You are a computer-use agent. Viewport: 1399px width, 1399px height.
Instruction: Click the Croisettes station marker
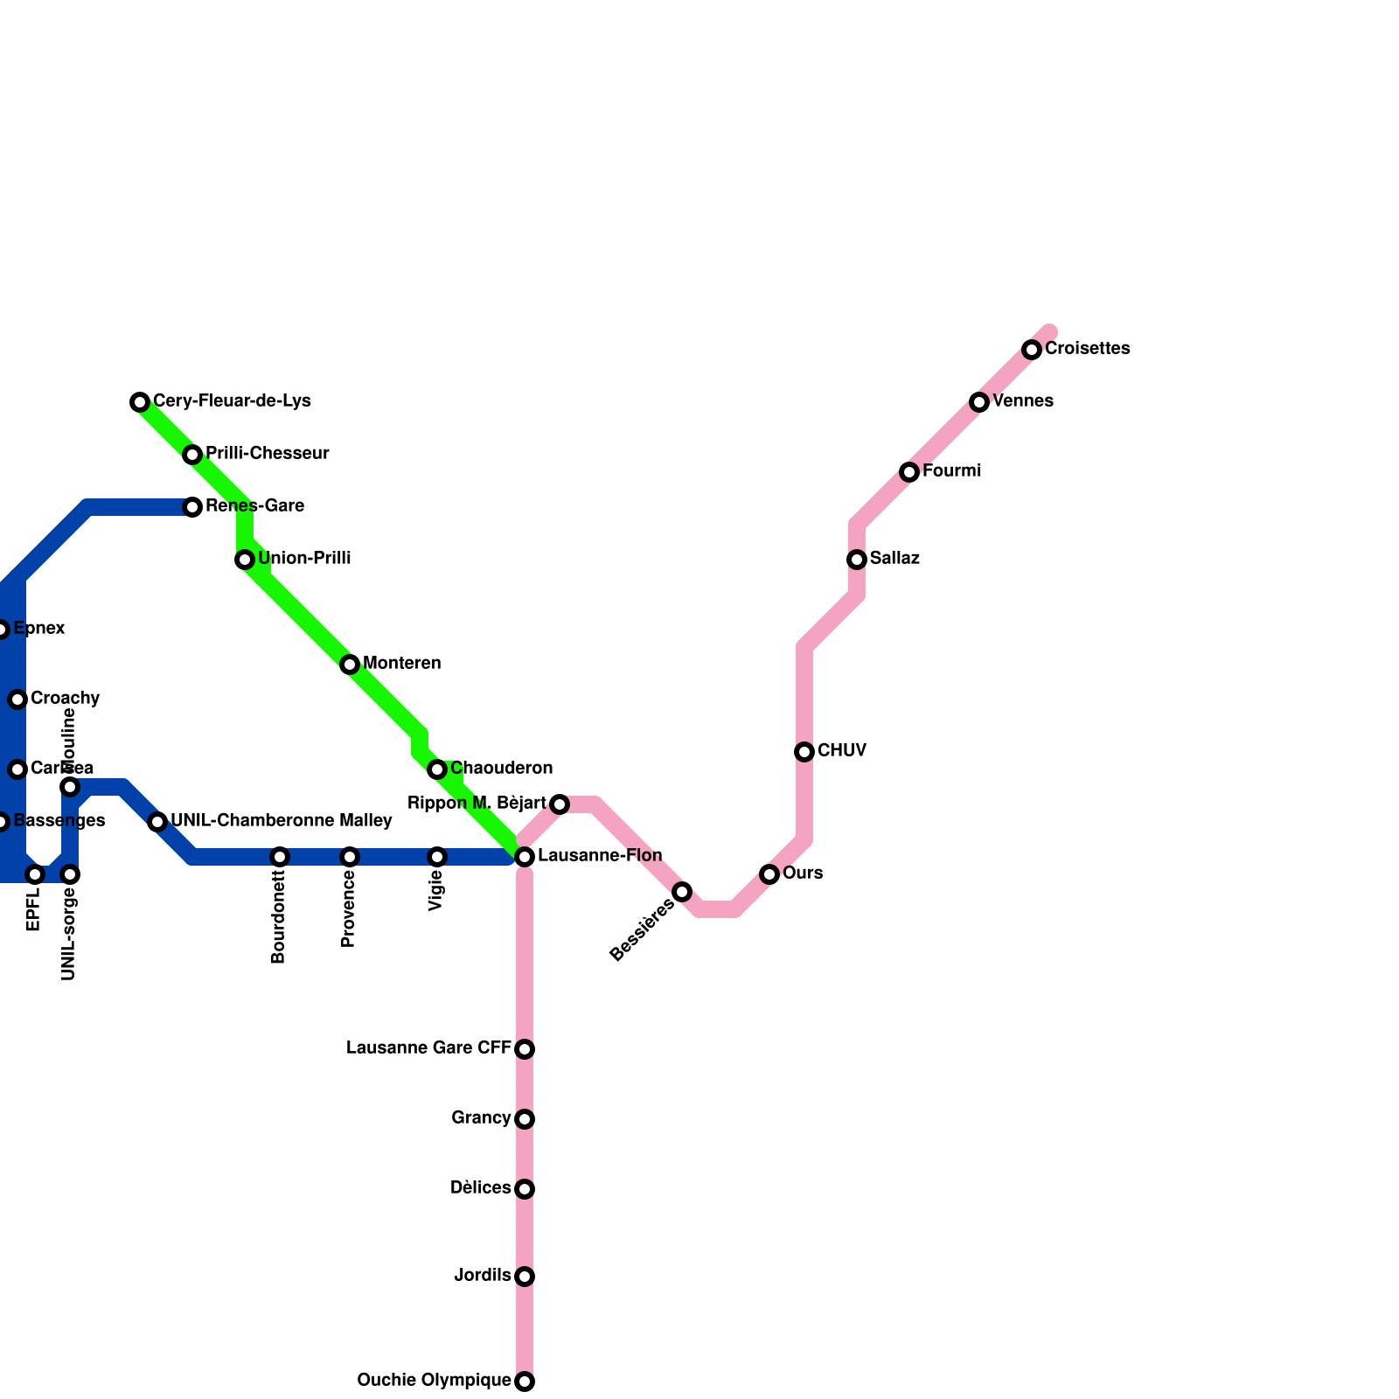[1032, 350]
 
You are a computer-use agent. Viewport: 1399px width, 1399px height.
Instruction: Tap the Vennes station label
[1022, 401]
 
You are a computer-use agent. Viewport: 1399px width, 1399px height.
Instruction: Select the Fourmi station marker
[909, 472]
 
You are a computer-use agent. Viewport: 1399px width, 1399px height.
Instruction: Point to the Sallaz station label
[894, 559]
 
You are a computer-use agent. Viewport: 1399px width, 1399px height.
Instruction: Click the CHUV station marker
[804, 752]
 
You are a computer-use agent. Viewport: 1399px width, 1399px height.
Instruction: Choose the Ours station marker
[769, 874]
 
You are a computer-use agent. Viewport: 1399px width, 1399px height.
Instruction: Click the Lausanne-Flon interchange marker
[525, 857]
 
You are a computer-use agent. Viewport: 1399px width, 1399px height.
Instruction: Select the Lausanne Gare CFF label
[428, 1048]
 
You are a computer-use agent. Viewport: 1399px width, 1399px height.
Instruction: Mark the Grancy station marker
[525, 1119]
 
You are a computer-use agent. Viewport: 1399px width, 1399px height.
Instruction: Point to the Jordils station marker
[525, 1277]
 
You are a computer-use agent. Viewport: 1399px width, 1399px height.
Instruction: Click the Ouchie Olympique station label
[434, 1381]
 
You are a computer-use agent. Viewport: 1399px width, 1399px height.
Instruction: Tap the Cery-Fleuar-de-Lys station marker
[140, 402]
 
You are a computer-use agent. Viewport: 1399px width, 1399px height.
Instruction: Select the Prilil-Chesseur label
[267, 454]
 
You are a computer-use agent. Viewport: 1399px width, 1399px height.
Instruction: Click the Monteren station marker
[350, 665]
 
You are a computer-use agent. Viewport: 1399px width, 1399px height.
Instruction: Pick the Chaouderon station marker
[437, 769]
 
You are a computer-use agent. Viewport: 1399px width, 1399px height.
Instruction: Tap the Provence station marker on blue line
[350, 857]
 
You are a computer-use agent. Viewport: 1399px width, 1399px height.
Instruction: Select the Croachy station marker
[17, 699]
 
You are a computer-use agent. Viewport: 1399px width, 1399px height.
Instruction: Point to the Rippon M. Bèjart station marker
[560, 804]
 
